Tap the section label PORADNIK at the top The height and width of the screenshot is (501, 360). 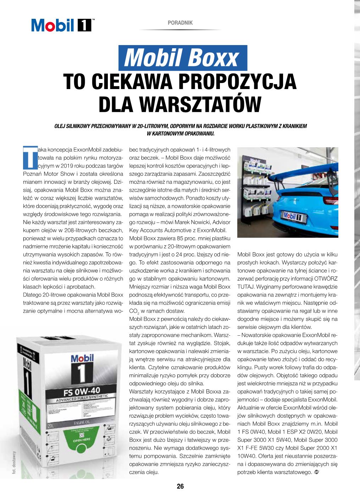pyautogui.click(x=180, y=23)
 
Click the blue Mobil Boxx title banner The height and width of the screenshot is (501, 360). pyautogui.click(x=183, y=58)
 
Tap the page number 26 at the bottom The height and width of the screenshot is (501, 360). pyautogui.click(x=180, y=486)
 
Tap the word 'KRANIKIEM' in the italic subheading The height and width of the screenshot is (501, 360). pyautogui.click(x=295, y=126)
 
